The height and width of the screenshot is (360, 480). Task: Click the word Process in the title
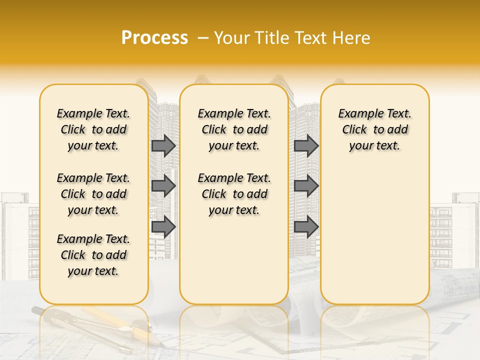click(x=154, y=38)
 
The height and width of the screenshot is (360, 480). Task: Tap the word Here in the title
click(x=352, y=38)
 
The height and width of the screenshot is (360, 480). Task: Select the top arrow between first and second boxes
click(x=163, y=145)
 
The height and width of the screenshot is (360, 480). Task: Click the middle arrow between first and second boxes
click(x=163, y=186)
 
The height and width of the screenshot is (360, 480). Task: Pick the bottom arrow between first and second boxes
click(x=163, y=226)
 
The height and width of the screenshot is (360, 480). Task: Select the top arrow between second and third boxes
click(x=306, y=145)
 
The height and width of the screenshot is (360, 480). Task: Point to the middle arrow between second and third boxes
click(x=306, y=186)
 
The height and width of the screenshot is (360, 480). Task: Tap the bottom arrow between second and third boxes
click(x=306, y=226)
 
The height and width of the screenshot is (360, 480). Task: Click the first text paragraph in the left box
click(x=93, y=129)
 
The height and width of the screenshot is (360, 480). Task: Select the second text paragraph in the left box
click(x=93, y=194)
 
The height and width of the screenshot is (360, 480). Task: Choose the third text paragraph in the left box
click(x=93, y=255)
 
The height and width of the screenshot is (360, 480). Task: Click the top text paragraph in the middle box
click(x=234, y=129)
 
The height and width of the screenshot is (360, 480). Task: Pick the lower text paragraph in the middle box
click(x=234, y=194)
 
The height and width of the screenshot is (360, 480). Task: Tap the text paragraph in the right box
click(x=374, y=129)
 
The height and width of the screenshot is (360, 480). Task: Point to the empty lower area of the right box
click(x=374, y=235)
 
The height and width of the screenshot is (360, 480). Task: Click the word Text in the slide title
click(x=311, y=38)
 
